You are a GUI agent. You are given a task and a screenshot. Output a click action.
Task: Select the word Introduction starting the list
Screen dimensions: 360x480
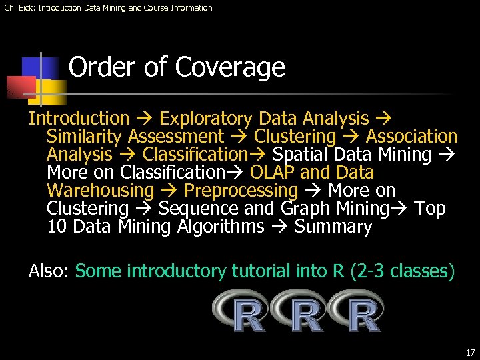point(79,119)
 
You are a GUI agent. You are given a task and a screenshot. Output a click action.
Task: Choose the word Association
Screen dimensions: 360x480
point(411,137)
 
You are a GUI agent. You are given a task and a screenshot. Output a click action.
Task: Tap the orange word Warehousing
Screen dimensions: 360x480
point(100,191)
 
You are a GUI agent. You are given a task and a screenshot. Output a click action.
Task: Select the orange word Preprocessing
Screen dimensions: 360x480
point(241,191)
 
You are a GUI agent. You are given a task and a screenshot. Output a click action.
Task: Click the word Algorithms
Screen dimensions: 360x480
point(221,227)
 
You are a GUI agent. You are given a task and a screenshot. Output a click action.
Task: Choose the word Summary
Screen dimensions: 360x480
point(333,227)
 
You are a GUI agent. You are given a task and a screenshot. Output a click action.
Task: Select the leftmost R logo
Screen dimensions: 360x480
point(241,311)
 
